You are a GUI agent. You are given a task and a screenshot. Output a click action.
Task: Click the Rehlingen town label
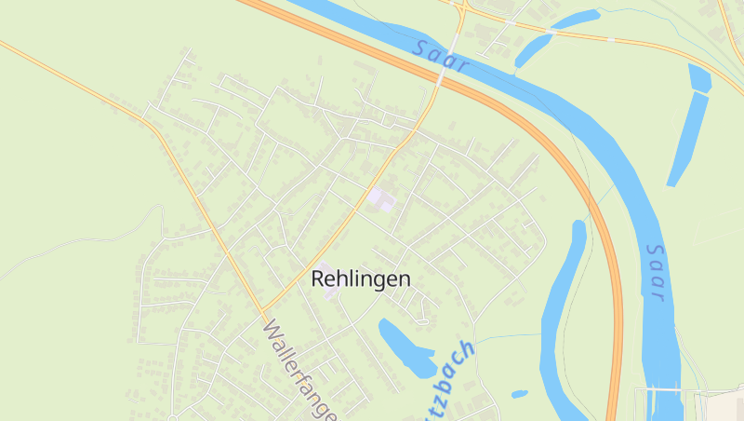[x=360, y=278]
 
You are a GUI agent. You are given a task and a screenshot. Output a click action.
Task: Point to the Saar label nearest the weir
[x=655, y=272]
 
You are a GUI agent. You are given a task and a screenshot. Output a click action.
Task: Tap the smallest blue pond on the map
[x=519, y=394]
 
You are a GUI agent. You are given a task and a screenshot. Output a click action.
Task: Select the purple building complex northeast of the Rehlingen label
[x=381, y=198]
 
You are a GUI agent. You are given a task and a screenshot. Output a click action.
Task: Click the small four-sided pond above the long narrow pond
[x=699, y=78]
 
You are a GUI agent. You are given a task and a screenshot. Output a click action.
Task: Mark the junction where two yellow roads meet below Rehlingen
[x=263, y=311]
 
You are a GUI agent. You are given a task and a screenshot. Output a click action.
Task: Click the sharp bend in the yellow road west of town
[x=152, y=124]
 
